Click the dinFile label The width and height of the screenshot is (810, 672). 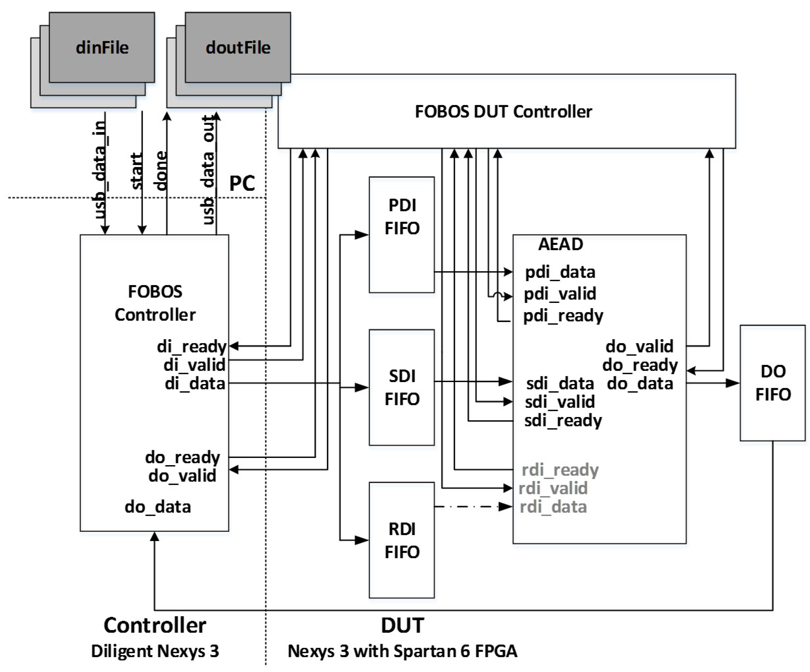[102, 48]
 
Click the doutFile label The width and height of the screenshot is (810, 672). [238, 48]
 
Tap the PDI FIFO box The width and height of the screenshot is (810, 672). [401, 235]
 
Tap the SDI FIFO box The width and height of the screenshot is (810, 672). [401, 387]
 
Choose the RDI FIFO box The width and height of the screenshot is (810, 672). [401, 540]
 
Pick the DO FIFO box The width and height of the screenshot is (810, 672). [773, 383]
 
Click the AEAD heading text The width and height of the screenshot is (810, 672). [560, 244]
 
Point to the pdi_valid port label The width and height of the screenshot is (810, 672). [560, 294]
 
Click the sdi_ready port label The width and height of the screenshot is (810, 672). [563, 421]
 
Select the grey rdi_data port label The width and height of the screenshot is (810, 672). [553, 507]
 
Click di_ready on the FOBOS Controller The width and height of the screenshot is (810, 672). [191, 346]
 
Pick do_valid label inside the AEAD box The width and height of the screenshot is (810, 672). [639, 346]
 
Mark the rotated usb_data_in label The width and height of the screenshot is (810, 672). [99, 170]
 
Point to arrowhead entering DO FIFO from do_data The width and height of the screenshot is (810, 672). [733, 383]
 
